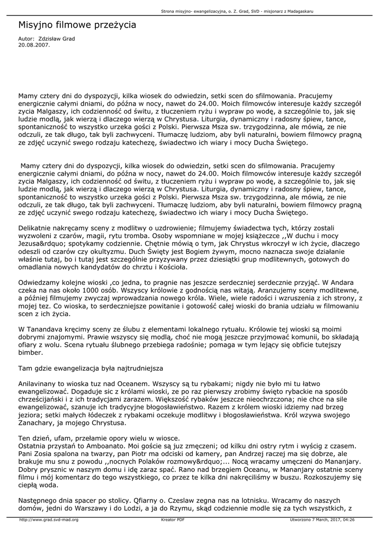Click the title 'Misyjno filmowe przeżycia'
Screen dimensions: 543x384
[77, 25]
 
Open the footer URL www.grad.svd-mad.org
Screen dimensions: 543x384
[49, 520]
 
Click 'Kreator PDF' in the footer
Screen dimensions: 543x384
[173, 520]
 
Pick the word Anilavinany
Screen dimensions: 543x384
[39, 382]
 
